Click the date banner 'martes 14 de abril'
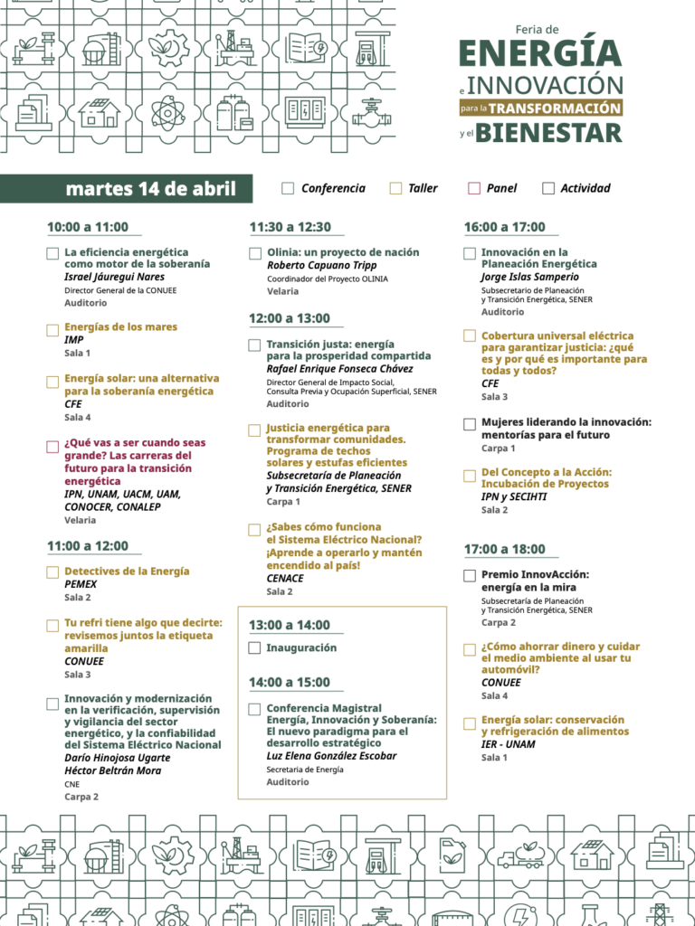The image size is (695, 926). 150,189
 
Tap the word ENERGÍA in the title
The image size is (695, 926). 540,54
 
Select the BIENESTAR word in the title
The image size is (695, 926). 549,134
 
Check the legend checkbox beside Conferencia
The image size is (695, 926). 288,189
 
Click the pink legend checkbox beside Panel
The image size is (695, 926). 473,189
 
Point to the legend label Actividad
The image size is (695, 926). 586,189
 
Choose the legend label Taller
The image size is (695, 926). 423,189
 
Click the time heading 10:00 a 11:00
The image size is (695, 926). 88,227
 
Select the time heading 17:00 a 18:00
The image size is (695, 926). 505,549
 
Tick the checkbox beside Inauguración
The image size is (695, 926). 255,648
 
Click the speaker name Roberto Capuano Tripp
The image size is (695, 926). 322,266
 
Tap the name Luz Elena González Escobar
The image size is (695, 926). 331,756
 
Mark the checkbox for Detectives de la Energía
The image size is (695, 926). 52,572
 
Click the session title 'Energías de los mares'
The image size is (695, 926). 120,326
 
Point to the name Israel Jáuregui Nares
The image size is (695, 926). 114,277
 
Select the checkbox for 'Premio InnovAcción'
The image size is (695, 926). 470,575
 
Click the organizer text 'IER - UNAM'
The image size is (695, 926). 508,744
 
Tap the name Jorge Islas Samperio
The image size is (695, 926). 529,277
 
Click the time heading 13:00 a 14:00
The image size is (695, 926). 290,625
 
